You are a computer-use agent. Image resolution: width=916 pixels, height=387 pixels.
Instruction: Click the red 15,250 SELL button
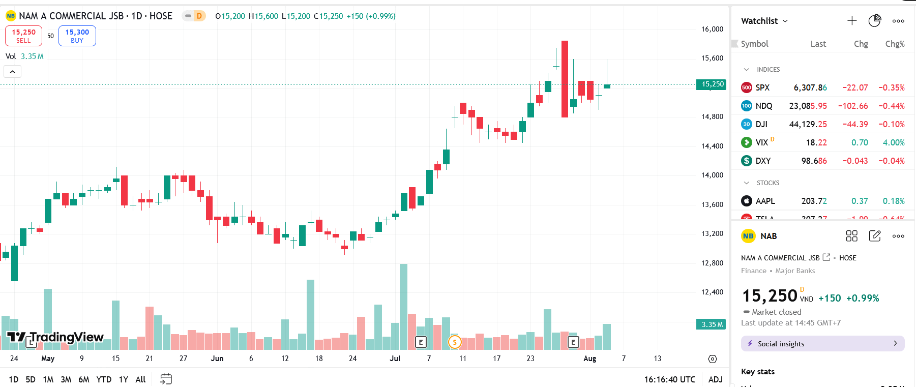[23, 36]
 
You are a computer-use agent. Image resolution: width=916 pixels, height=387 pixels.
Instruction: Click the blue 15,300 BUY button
[77, 36]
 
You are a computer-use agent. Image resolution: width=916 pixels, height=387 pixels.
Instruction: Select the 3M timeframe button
[66, 379]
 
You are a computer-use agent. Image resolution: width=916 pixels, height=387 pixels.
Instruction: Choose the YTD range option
[104, 379]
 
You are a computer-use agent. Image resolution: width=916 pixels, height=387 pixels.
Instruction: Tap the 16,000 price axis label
[712, 29]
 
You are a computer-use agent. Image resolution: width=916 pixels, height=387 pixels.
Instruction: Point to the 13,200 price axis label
[712, 233]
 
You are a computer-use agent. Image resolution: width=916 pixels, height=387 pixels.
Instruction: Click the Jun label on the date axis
[217, 359]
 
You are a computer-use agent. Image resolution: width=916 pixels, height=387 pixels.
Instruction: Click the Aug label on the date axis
[589, 359]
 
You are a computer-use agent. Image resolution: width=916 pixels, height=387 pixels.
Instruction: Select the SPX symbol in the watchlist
[762, 87]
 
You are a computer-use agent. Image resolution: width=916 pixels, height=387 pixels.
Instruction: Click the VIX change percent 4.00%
[894, 142]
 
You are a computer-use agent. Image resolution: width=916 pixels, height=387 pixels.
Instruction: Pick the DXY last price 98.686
[814, 161]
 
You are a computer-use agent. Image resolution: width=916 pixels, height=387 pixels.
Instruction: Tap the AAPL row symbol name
[765, 201]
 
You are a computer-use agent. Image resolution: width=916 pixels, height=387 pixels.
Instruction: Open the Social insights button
[822, 344]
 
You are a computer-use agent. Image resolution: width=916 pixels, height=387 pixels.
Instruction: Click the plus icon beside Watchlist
[852, 21]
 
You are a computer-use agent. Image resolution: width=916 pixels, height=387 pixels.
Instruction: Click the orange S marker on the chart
[455, 342]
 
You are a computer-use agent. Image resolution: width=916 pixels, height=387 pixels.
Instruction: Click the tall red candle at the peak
[565, 79]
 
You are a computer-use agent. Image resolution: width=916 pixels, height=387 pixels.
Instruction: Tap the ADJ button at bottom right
[715, 379]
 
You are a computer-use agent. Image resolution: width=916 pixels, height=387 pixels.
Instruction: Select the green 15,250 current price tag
[712, 84]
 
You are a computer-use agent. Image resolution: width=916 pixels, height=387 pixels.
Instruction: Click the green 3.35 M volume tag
[712, 324]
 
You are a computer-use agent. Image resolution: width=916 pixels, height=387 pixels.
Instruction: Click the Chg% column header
[895, 44]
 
